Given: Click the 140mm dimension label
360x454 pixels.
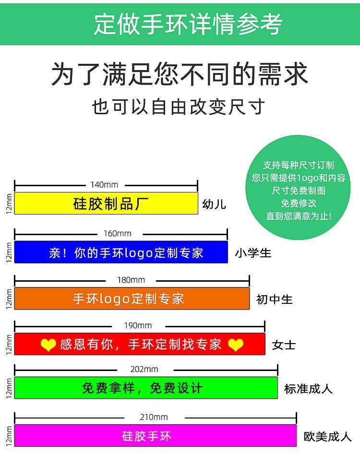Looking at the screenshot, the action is point(104,185).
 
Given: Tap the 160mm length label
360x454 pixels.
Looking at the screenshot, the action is point(118,234).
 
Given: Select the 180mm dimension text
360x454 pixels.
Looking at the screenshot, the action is point(131,280).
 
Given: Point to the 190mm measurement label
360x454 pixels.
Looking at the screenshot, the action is point(138,325).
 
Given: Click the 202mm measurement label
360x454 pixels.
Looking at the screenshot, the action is point(144,369).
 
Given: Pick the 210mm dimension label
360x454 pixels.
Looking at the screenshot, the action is point(154,417).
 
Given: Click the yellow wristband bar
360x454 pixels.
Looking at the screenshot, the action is point(106,203).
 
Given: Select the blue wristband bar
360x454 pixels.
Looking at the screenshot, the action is point(121,252).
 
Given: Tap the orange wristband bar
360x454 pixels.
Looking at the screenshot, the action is point(132,299).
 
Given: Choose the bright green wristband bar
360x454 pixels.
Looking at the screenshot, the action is point(146,388).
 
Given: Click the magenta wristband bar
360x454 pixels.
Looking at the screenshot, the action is point(156,436).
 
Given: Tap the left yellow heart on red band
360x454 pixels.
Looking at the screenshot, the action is point(48,345).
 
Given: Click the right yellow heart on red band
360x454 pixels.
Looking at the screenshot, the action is point(235,345).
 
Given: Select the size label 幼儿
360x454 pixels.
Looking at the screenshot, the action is point(214,204).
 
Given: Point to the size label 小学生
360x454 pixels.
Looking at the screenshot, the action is point(253,253).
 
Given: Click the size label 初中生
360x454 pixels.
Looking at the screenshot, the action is point(274,299).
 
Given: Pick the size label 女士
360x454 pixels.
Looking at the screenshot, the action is point(284,345).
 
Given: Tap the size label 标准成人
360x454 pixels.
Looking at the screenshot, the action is point(308,388).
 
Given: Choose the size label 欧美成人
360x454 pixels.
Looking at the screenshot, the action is point(328,436).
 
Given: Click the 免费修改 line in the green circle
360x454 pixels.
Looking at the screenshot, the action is point(299,203).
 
